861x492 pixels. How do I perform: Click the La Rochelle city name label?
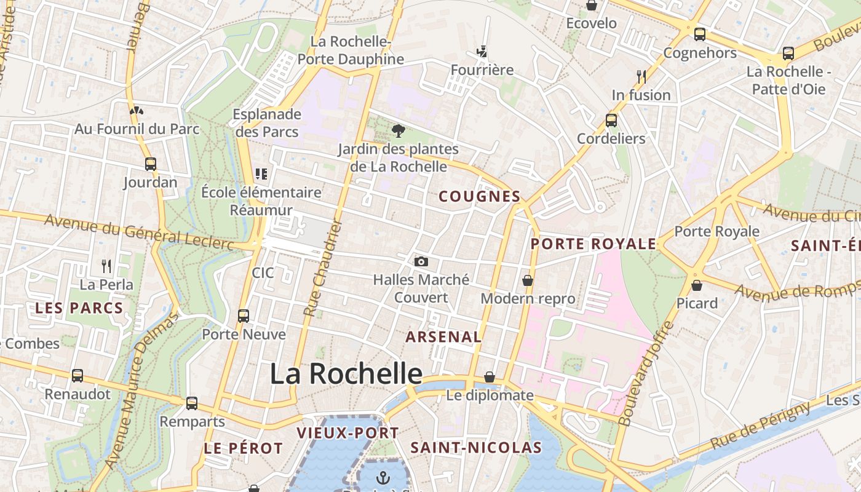(x=346, y=373)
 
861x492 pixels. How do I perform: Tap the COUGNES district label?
(x=480, y=197)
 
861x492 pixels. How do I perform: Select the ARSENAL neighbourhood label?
(x=443, y=336)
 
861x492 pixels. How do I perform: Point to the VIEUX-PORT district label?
(x=348, y=433)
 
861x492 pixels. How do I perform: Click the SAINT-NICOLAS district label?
(x=476, y=448)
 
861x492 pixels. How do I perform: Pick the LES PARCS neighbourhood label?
(x=79, y=308)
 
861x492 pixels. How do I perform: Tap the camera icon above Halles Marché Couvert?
(x=421, y=262)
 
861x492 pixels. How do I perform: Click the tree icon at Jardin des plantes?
(x=399, y=130)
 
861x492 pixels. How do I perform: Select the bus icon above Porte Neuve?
(x=244, y=316)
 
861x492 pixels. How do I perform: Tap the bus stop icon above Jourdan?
(x=151, y=164)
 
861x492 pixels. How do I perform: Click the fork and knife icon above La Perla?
(x=106, y=266)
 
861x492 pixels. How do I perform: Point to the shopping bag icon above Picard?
(x=697, y=285)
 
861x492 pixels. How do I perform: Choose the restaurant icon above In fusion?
(x=641, y=76)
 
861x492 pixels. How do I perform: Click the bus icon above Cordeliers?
(x=611, y=121)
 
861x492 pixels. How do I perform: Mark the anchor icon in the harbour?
(x=384, y=477)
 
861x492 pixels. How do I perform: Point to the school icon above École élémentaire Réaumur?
(x=261, y=174)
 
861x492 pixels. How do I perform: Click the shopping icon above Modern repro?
(x=528, y=280)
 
